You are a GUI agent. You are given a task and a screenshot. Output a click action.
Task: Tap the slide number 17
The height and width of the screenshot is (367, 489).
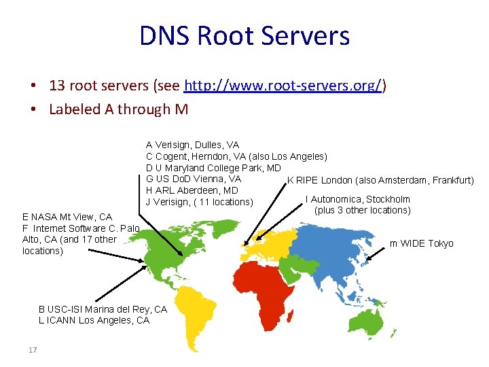(32, 350)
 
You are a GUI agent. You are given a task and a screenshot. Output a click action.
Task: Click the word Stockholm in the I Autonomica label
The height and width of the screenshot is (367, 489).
(388, 199)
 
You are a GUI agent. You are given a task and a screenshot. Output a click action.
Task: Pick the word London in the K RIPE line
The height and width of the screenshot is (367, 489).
(337, 180)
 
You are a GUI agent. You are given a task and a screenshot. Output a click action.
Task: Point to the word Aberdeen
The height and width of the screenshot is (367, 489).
(199, 190)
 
